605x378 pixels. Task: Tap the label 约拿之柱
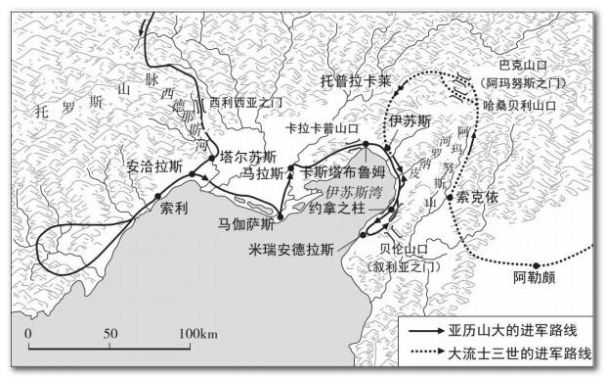[x=336, y=208]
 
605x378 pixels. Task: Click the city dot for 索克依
[x=451, y=198]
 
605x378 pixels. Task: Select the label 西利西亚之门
[x=244, y=103]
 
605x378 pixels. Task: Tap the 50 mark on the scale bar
[x=110, y=334]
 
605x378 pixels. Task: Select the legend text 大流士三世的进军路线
[x=519, y=353]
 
